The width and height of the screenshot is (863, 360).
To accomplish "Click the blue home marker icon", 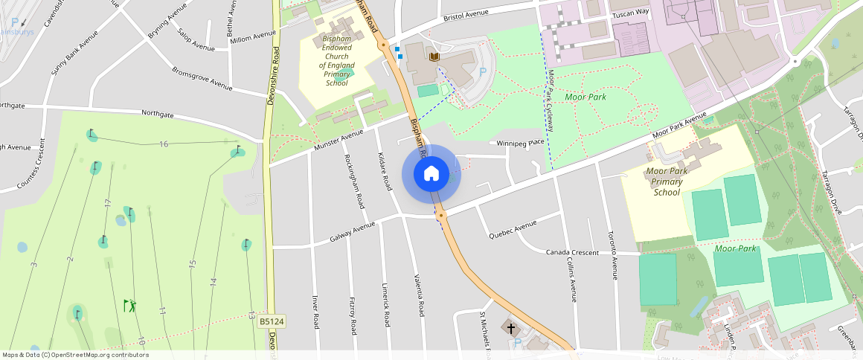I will coord(431,174).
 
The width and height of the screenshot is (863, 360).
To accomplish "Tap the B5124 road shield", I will coord(272,321).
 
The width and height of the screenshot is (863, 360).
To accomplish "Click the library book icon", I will coord(434,57).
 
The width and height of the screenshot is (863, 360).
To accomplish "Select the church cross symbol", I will coord(511,327).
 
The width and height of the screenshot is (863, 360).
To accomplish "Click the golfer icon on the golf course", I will coord(130,305).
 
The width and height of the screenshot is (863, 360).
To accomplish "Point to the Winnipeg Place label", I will coord(521,143).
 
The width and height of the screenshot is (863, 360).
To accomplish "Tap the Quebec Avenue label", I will coord(513,230).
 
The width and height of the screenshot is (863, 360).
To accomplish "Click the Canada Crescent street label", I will coord(572,253).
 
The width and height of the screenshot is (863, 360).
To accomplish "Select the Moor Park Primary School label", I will coord(667,181).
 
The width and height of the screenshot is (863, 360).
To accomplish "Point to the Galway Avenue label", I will coord(353,232).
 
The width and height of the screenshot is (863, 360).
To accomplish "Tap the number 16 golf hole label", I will coord(163,144).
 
